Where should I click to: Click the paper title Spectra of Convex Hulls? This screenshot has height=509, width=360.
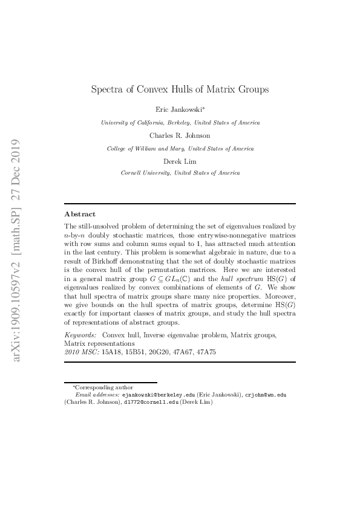[x=180, y=89]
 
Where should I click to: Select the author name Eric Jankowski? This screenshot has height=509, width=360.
[x=178, y=109]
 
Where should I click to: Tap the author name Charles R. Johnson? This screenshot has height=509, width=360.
[x=180, y=135]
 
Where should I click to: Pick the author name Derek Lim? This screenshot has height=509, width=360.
[x=180, y=161]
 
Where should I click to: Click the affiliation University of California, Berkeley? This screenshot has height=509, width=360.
[x=180, y=123]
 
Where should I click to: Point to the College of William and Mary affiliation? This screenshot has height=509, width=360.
[x=180, y=148]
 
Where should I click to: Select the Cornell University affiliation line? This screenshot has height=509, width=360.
[x=180, y=173]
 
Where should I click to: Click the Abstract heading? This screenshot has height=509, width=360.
[x=79, y=214]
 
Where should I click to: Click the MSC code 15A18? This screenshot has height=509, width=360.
[x=111, y=351]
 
